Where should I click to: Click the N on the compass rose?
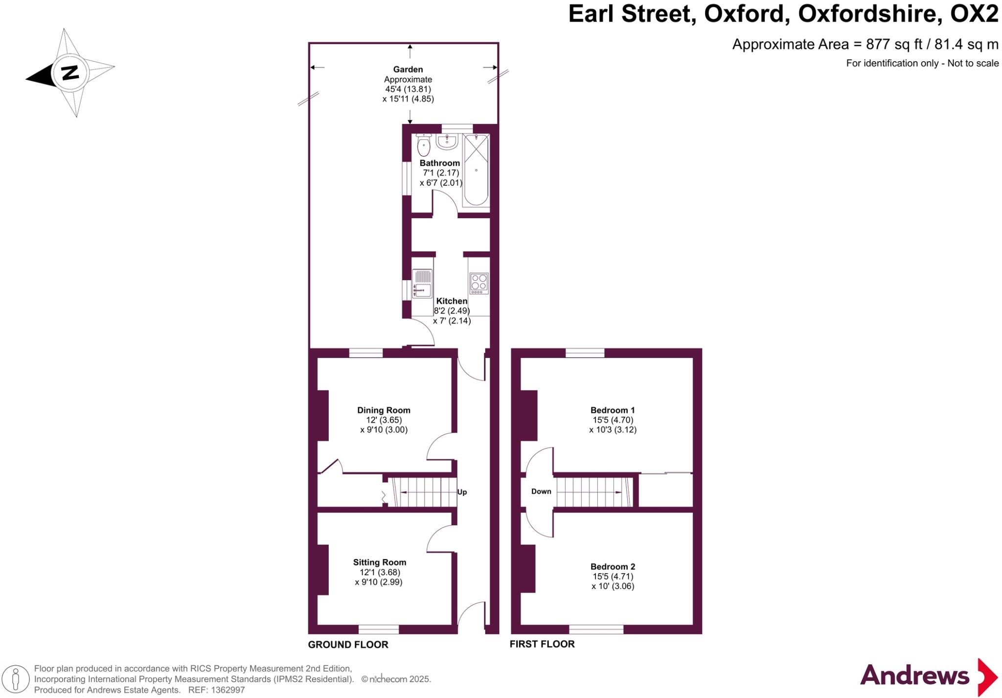pos(70,72)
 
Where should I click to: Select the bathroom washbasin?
pos(446,142)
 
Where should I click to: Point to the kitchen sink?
pos(422,284)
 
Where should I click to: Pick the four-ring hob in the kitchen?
pos(478,282)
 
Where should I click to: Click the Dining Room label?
pos(384,410)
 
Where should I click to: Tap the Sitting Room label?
pos(380,562)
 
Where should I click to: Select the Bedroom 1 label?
pos(613,410)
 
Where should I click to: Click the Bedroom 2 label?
pos(613,566)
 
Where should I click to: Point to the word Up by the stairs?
pos(462,492)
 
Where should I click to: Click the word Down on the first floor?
pos(541,491)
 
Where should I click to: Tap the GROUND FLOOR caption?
pos(348,645)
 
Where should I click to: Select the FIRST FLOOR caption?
pos(542,644)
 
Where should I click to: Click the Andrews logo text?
pos(914,675)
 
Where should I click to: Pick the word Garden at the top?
pos(408,69)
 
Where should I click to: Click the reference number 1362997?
pos(228,690)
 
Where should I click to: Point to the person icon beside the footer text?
pos(16,679)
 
